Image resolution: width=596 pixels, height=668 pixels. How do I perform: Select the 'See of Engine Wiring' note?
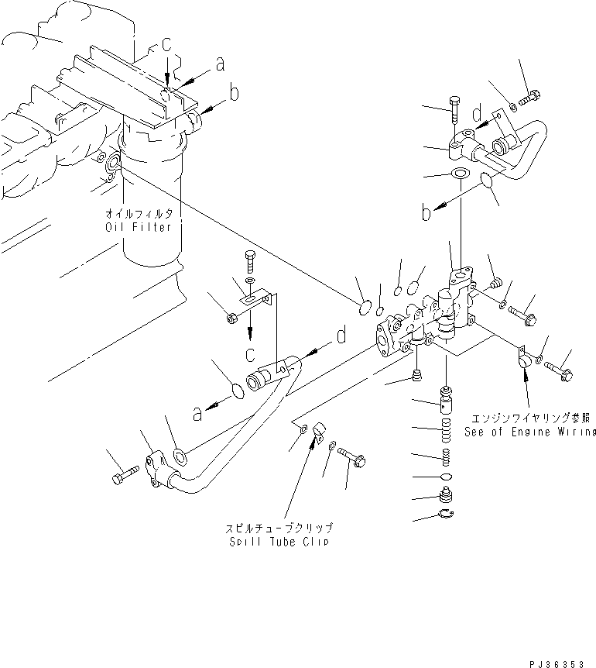coord(530,432)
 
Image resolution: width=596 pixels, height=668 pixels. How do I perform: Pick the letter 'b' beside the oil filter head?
coord(234,94)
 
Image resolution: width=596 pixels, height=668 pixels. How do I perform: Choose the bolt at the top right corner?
coord(529,98)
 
